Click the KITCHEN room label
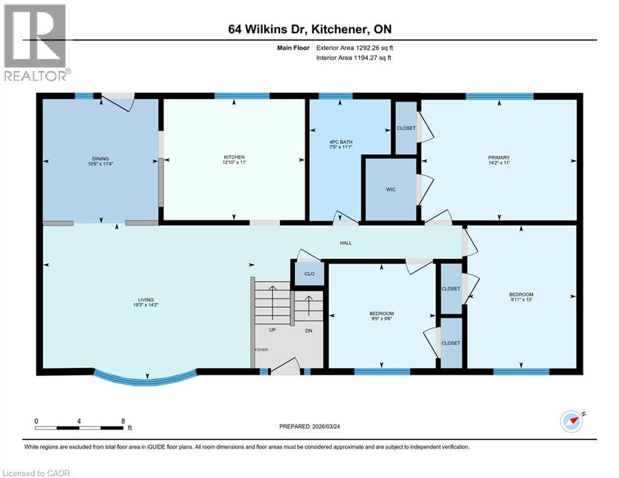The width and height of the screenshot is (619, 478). tap(235, 157)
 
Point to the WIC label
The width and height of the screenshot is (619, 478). tap(390, 189)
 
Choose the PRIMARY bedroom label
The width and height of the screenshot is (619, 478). tap(499, 157)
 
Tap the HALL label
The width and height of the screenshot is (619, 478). tap(345, 243)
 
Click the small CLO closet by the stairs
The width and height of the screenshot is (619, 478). tap(309, 274)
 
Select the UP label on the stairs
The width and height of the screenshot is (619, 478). tap(272, 330)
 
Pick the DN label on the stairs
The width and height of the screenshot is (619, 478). tap(309, 330)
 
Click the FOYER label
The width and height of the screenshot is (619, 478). tap(261, 350)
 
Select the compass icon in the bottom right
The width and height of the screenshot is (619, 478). tap(572, 421)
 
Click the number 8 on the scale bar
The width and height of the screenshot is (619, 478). tap(123, 421)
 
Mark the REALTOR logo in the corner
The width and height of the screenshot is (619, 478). tap(35, 42)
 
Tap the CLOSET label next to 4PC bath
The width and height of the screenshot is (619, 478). tap(406, 128)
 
